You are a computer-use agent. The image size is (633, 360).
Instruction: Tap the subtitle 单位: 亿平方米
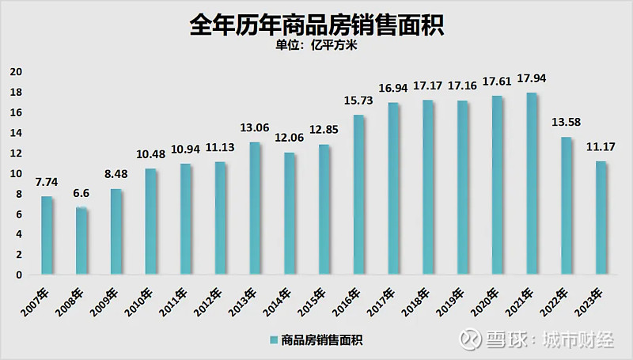coord(316,45)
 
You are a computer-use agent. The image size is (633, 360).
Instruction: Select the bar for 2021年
coord(533,184)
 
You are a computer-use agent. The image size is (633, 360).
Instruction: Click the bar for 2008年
coord(82,241)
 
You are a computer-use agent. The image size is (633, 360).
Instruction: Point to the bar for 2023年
coord(601,218)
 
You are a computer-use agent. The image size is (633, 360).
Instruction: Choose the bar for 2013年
coord(256,208)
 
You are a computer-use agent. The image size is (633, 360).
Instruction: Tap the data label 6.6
coord(81,194)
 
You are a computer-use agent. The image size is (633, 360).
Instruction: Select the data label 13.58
coord(566,123)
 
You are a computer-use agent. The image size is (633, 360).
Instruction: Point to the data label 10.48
coord(150,154)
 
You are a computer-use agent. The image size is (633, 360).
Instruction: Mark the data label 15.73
coord(358,101)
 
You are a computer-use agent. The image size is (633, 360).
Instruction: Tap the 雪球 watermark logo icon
coord(472,339)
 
